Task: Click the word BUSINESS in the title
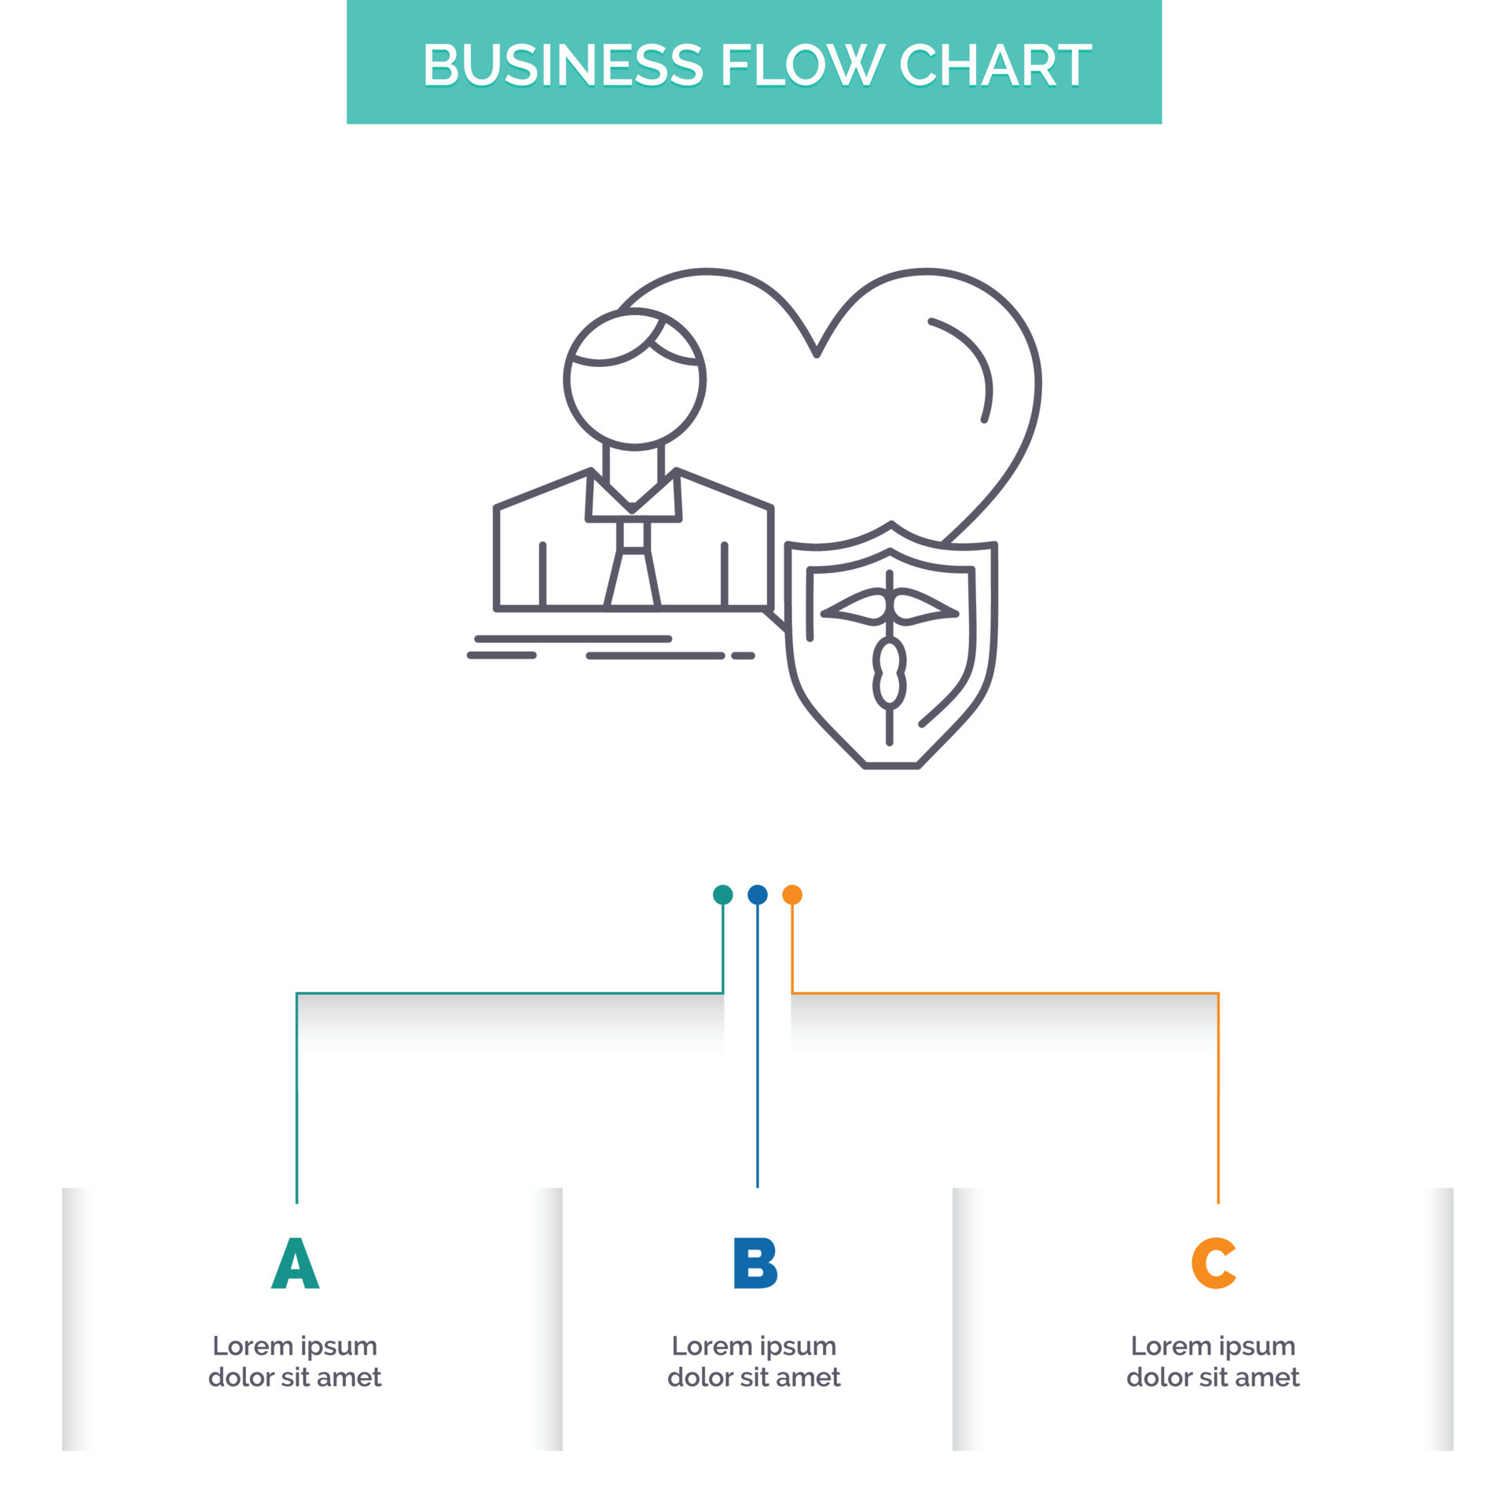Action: click(563, 64)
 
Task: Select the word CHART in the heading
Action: click(994, 64)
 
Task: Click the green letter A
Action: click(295, 1263)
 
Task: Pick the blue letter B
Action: click(754, 1263)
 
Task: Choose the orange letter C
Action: click(1213, 1263)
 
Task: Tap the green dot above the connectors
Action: click(722, 894)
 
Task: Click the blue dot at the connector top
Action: click(757, 894)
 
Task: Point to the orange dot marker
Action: click(792, 894)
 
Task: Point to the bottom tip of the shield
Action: click(890, 764)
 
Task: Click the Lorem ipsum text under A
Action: click(295, 1361)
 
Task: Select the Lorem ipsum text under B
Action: click(754, 1361)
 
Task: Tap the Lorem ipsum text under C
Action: click(1213, 1361)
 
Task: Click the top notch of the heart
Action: click(817, 354)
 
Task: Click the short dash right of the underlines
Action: click(743, 655)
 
